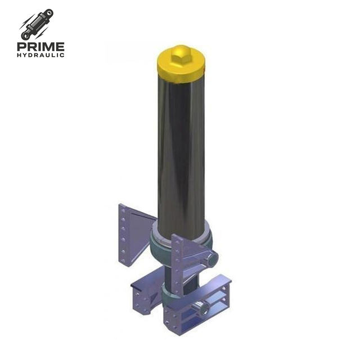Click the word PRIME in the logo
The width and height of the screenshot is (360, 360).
click(x=40, y=47)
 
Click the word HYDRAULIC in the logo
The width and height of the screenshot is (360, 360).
click(x=40, y=55)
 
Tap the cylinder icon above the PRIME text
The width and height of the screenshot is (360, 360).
click(x=37, y=25)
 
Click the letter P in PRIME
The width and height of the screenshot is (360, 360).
click(x=22, y=47)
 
